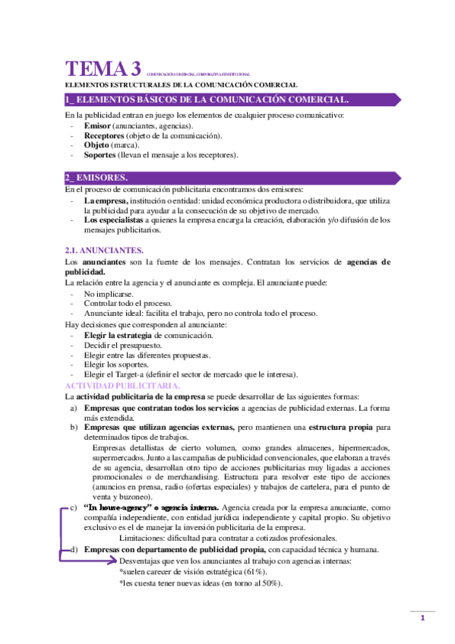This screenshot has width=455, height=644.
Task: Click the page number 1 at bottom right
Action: [x=422, y=619]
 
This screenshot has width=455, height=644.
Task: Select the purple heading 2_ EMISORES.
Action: [x=96, y=177]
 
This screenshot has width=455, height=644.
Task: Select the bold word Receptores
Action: [x=104, y=134]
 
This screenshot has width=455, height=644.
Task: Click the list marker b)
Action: [x=73, y=427]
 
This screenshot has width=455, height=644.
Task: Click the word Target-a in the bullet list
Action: [x=147, y=374]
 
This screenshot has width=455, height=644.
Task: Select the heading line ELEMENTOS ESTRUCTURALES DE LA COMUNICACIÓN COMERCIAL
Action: [x=181, y=85]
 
